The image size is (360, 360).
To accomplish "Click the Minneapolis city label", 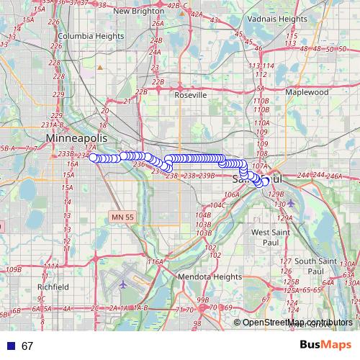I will [x=76, y=138].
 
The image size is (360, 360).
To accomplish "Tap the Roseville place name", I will [x=191, y=94].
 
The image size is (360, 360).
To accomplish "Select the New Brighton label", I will [x=140, y=11].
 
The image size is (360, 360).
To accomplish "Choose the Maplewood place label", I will [x=307, y=92].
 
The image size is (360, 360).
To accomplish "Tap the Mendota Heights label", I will [x=209, y=276].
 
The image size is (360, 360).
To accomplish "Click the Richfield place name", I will [x=53, y=286].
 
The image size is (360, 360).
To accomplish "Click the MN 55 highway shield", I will [x=123, y=217].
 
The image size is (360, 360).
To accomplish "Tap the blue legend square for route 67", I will [x=9, y=346].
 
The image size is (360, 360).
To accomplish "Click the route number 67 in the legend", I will [x=27, y=346].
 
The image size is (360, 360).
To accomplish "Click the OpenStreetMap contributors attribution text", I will [x=297, y=323].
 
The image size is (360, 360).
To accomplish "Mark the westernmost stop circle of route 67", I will [x=94, y=158].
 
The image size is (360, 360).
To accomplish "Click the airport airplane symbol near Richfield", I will [x=123, y=283].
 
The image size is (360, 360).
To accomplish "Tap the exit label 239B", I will [x=207, y=176].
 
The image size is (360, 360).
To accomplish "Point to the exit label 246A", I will [x=333, y=176].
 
